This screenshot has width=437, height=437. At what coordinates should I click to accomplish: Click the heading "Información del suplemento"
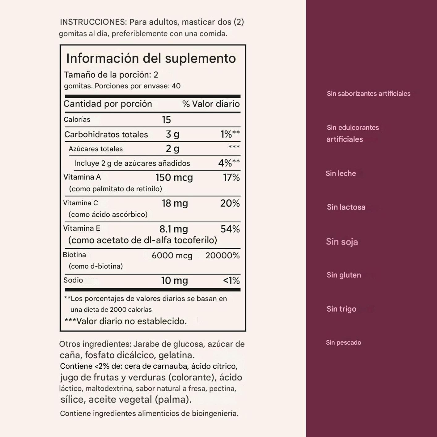[x=151, y=58]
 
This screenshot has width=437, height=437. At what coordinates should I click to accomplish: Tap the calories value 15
[x=166, y=120]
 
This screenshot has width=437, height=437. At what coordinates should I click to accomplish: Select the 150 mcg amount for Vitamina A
[x=174, y=178]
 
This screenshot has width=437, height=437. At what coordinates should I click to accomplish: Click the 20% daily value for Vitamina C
[x=230, y=203]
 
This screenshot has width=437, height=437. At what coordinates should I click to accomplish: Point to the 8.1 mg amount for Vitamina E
[x=173, y=229]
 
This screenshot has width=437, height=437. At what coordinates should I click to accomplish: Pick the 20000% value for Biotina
[x=223, y=256]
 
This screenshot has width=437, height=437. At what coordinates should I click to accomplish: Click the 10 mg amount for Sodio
[x=174, y=281]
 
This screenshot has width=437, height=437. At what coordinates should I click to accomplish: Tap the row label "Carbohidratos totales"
[x=106, y=134]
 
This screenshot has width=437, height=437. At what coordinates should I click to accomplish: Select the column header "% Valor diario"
[x=211, y=104]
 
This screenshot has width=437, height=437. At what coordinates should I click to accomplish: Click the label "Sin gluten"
[x=344, y=275]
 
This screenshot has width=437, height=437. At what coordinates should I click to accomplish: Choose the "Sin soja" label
[x=342, y=242]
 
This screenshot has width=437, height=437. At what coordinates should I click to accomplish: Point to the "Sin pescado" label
[x=343, y=342]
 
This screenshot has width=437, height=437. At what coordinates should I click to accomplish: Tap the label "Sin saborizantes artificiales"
[x=368, y=94]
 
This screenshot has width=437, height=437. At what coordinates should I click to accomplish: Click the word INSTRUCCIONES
[x=93, y=22]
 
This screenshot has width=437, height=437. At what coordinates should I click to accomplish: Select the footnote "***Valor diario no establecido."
[x=125, y=321]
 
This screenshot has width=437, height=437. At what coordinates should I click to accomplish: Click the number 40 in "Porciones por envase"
[x=176, y=86]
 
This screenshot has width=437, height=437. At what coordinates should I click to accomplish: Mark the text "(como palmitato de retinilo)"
[x=115, y=189]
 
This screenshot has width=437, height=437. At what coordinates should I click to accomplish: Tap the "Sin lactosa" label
[x=346, y=207]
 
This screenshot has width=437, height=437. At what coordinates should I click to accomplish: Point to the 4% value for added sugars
[x=225, y=163]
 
